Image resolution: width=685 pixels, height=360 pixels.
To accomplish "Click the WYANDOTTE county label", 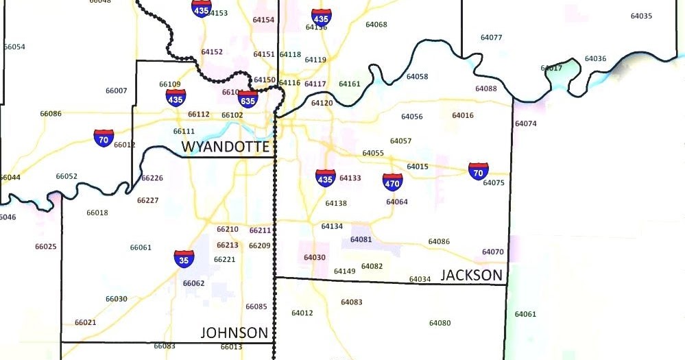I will (x=226, y=146).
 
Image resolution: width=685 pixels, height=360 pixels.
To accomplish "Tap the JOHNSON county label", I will (x=234, y=333).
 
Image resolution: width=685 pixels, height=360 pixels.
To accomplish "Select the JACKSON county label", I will (x=471, y=275).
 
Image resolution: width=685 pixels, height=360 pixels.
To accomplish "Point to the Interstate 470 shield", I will (x=392, y=182).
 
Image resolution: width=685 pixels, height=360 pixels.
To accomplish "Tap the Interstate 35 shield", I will (x=184, y=259).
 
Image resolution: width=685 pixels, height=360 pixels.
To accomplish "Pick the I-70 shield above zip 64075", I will (x=479, y=171).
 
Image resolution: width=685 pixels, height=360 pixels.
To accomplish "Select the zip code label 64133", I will (x=350, y=178).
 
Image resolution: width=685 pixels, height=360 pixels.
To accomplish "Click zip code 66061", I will (x=141, y=248).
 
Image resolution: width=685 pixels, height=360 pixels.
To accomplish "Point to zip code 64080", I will (x=440, y=323).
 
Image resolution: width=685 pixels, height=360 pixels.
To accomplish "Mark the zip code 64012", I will (x=302, y=313).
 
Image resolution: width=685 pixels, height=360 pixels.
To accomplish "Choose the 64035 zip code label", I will (x=641, y=16).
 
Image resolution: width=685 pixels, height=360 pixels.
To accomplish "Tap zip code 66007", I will (x=116, y=91).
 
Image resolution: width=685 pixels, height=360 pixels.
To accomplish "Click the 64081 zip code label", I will (x=361, y=239).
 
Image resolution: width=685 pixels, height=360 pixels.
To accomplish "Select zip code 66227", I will (x=147, y=200).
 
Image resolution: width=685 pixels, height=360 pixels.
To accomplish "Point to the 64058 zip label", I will (x=417, y=77).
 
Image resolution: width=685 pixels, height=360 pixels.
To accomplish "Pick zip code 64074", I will (x=525, y=124).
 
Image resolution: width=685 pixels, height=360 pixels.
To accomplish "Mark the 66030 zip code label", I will (x=116, y=299).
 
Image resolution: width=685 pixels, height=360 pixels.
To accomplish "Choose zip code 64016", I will (x=463, y=115).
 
